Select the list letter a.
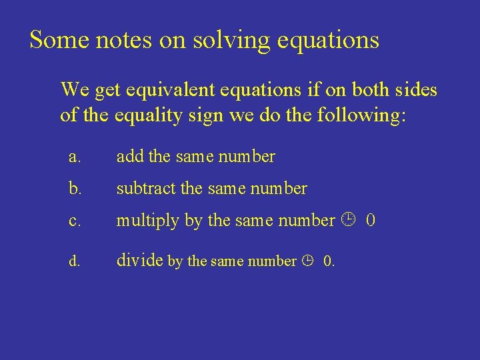tap(75, 157)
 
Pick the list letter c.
tap(75, 221)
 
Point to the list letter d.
tap(75, 261)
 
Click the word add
tap(131, 157)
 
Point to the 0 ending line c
tap(371, 220)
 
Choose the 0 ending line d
tap(328, 261)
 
